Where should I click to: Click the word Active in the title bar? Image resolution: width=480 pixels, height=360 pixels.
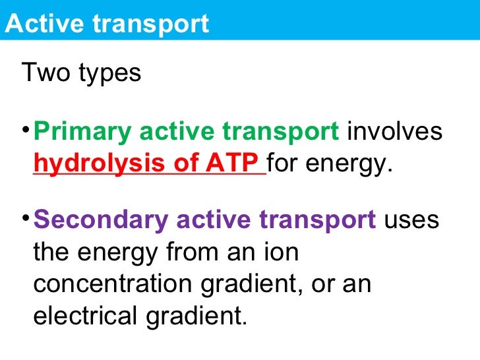point(42,24)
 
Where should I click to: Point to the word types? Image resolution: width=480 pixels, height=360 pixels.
point(109,74)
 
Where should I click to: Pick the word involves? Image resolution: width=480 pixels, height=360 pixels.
point(394,131)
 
